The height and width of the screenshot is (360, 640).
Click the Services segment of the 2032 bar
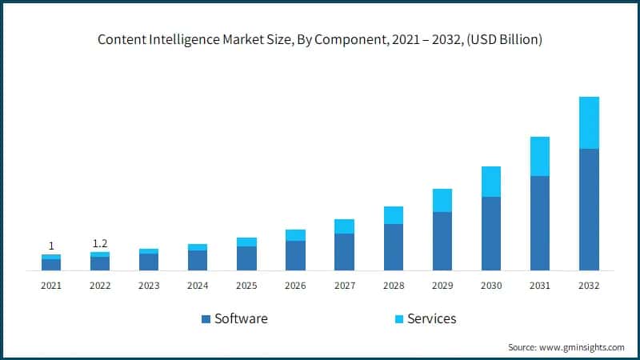pyautogui.click(x=589, y=122)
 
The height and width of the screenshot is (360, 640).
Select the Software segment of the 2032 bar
pyautogui.click(x=589, y=210)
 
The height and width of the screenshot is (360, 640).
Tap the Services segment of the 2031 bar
pyautogui.click(x=540, y=156)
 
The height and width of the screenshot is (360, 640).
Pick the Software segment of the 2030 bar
pyautogui.click(x=490, y=234)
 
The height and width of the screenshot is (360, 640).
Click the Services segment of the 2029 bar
pyautogui.click(x=442, y=200)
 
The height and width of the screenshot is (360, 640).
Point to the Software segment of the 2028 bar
pyautogui.click(x=394, y=247)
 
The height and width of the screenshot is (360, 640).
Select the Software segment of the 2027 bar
pyautogui.click(x=344, y=252)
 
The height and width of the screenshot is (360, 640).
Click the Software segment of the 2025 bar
pyautogui.click(x=246, y=258)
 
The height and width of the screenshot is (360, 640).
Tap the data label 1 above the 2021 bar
pyautogui.click(x=51, y=246)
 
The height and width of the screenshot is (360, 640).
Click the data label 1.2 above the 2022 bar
pyautogui.click(x=100, y=243)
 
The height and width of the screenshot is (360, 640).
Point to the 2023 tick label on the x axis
pyautogui.click(x=149, y=286)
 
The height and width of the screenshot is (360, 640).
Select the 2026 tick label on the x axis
pyautogui.click(x=295, y=286)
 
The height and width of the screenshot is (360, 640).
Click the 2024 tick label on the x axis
pyautogui.click(x=198, y=286)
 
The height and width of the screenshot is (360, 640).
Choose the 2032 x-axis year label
pyautogui.click(x=589, y=286)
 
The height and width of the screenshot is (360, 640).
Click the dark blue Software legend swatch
pyautogui.click(x=206, y=319)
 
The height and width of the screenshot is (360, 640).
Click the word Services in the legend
pyautogui.click(x=432, y=318)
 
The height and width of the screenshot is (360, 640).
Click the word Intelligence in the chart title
pyautogui.click(x=185, y=40)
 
